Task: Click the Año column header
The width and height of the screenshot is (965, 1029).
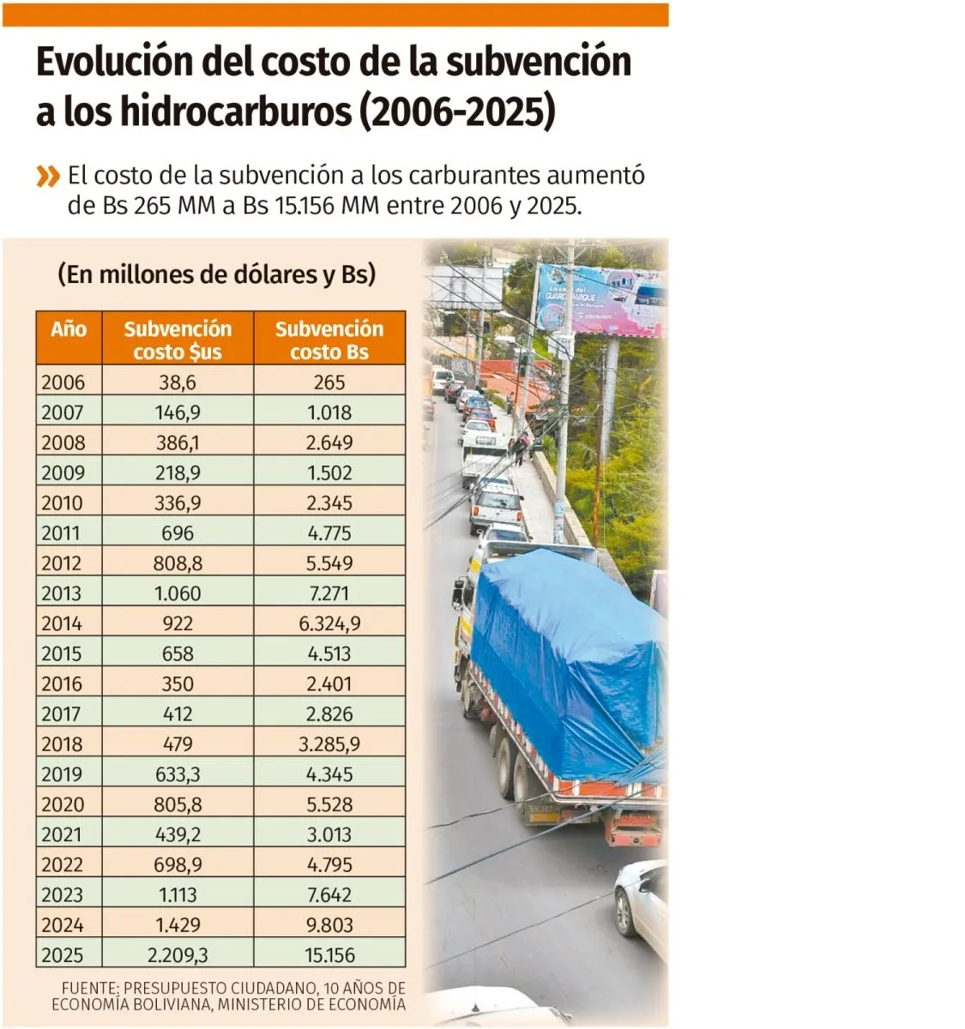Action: pos(69,329)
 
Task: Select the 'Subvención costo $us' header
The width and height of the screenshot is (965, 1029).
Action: pos(178,340)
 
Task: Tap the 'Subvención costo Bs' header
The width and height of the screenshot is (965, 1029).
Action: pos(329,340)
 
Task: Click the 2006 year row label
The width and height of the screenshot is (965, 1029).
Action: pos(63,382)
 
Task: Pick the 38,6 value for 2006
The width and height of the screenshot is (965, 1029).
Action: pos(178,382)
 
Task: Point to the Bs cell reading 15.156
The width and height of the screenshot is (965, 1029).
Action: pos(329,955)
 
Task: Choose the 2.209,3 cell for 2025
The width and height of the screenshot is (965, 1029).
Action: pos(178,955)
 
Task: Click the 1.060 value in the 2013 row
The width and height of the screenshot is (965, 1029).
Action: pos(178,593)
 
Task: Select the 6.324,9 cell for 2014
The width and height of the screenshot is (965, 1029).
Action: pos(329,623)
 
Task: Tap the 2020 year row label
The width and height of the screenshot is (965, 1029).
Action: pos(63,804)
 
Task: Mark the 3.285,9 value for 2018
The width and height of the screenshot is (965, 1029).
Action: pos(329,744)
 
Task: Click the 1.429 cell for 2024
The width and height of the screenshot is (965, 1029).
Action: pos(178,925)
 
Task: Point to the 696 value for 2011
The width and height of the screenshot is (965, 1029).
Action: pos(178,533)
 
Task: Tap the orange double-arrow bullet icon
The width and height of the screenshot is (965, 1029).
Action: pos(48,178)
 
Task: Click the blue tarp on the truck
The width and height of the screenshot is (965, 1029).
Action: pos(566,652)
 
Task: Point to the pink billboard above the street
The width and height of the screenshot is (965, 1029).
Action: pos(600,300)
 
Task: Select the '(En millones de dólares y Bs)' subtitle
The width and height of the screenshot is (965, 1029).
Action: pos(217,274)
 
